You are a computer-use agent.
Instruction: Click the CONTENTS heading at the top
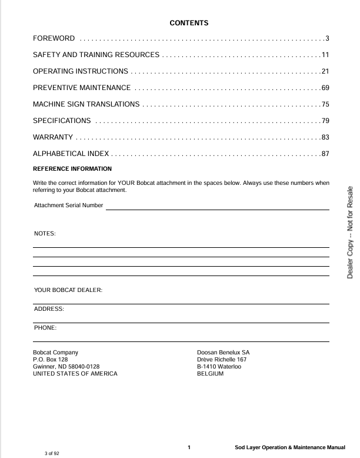click(189, 23)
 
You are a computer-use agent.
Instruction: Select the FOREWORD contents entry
click(54, 39)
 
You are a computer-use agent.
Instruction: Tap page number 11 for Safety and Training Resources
click(325, 55)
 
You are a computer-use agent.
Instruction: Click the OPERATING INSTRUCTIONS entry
click(81, 72)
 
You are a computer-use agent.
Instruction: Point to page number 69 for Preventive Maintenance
click(325, 88)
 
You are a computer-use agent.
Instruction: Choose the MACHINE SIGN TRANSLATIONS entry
click(86, 105)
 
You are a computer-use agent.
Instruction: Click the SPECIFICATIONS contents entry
click(62, 121)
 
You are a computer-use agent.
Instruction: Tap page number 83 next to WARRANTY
click(325, 138)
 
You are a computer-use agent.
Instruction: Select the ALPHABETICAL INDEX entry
click(71, 154)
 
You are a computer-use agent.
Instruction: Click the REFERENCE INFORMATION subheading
click(72, 169)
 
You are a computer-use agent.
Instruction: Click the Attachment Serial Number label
click(69, 205)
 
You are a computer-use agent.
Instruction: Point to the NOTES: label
click(45, 234)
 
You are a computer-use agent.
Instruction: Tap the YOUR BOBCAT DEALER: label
click(68, 290)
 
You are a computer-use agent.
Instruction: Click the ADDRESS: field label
click(49, 309)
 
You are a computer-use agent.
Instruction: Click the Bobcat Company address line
click(55, 353)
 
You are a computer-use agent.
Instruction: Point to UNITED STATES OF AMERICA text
click(75, 374)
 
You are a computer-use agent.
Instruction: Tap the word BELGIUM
click(211, 374)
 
